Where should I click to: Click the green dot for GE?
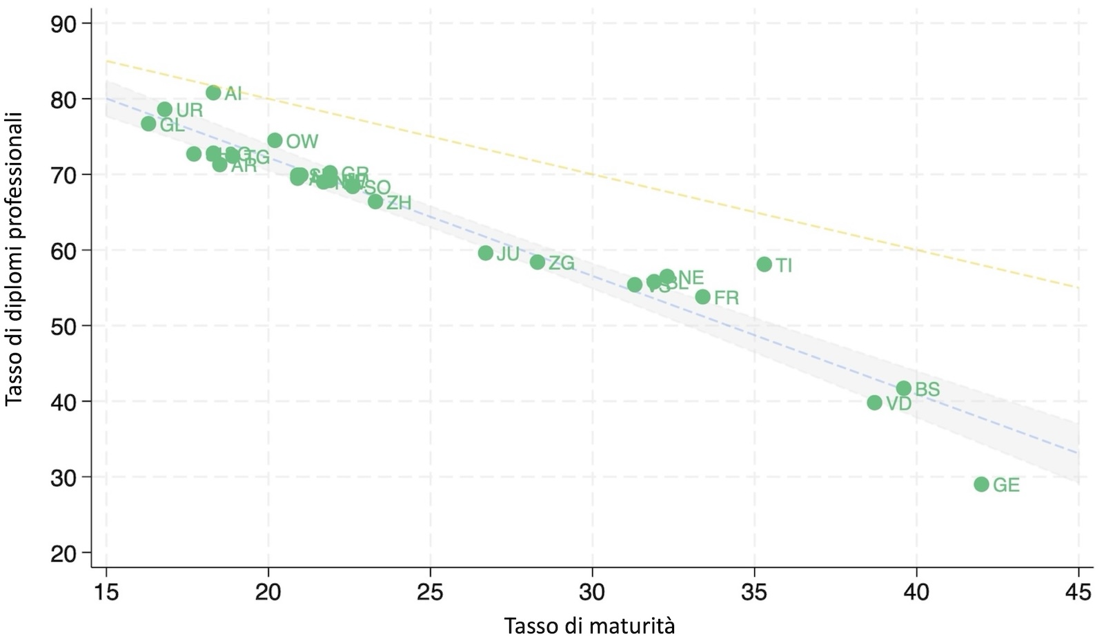[981, 484]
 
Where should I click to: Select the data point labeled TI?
[764, 265]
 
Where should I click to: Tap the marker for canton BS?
[904, 388]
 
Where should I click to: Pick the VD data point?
[874, 403]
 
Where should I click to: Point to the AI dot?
[213, 93]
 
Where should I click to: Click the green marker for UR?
[164, 109]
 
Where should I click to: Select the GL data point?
[148, 124]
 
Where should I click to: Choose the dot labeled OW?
[275, 140]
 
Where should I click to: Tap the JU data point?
[486, 253]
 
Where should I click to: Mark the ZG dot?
[538, 262]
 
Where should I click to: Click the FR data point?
[703, 297]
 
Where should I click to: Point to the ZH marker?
[375, 202]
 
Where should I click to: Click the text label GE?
[1006, 486]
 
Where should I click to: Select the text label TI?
[784, 265]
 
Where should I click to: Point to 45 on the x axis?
[1078, 592]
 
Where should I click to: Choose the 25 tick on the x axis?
[430, 592]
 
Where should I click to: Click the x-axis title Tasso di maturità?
[589, 626]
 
